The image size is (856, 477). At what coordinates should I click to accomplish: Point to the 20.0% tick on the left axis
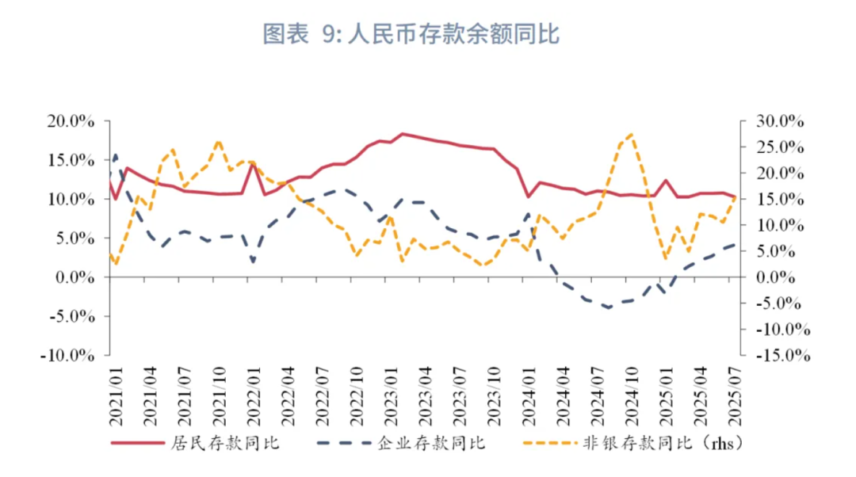[71, 121]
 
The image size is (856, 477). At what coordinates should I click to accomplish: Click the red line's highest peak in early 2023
[402, 133]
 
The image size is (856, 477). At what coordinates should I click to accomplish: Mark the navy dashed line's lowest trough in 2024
[609, 307]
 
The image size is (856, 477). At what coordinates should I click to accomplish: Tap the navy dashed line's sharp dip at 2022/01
[253, 261]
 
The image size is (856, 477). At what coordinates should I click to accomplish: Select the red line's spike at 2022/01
[253, 162]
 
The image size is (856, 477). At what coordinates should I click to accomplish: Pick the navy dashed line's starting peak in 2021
[116, 155]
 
